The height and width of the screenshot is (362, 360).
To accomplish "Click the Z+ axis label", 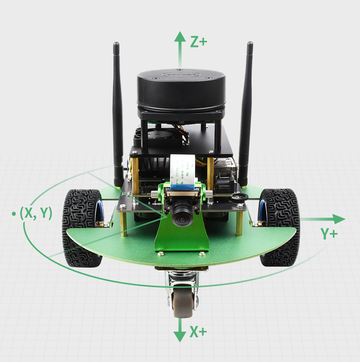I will coord(198,42).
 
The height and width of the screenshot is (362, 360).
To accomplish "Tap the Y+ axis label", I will coord(329,234).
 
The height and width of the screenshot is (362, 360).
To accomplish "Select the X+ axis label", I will coord(198,332).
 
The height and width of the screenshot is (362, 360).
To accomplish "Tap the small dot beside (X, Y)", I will coord(14,214).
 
